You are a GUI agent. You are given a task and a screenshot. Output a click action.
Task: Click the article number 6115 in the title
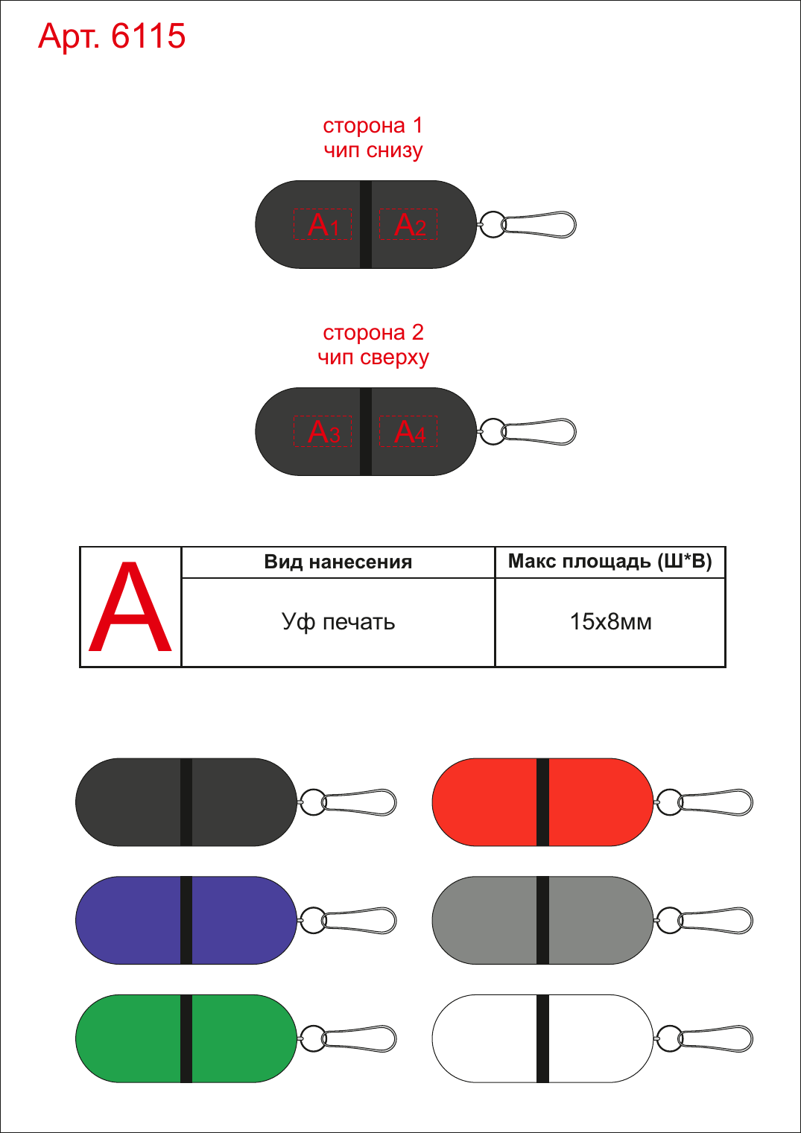tap(148, 36)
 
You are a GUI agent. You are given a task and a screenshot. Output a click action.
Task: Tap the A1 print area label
tap(323, 224)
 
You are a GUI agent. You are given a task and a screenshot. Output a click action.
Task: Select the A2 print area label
tap(409, 224)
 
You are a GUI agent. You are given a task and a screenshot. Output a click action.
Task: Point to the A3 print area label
tap(323, 431)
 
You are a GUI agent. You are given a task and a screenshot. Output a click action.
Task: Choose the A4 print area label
tap(409, 431)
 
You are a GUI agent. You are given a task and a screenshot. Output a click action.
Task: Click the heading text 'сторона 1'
tap(373, 126)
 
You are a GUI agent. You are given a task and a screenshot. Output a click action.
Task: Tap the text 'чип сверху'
tap(373, 358)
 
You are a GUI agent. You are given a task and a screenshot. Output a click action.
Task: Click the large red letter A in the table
tap(130, 606)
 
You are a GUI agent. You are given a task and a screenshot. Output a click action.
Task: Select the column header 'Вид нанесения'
tap(338, 562)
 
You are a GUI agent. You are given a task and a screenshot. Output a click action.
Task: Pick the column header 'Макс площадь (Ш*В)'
tap(610, 562)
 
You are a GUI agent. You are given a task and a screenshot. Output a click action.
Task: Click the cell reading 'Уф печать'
tap(338, 622)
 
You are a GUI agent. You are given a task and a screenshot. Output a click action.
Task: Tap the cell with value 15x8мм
tap(610, 622)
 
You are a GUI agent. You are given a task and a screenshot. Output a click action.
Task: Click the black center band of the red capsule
tap(542, 802)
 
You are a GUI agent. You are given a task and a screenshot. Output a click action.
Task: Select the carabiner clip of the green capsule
tap(359, 1039)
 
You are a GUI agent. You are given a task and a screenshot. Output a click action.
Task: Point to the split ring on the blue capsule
tap(313, 920)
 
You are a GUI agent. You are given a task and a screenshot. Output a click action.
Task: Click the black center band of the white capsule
tap(542, 1038)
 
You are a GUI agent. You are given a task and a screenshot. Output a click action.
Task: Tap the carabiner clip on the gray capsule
tap(715, 921)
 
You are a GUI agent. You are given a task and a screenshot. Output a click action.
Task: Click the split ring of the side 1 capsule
tap(493, 224)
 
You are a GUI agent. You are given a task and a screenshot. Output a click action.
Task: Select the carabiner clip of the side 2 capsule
tap(539, 432)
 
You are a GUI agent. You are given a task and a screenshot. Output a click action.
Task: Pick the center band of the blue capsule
tap(186, 920)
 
